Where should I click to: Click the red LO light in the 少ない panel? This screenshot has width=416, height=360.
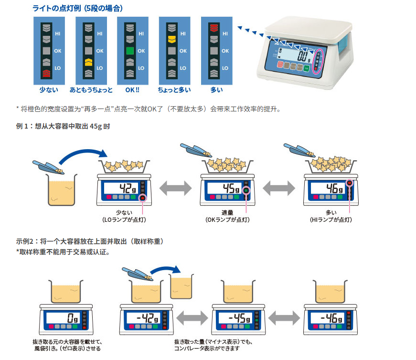point(46,73)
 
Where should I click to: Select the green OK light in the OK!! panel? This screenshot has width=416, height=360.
point(129,50)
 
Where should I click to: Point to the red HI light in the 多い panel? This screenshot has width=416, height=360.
point(213,27)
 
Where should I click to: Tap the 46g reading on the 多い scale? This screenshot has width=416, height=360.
point(333,187)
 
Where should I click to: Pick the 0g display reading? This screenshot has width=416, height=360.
point(71,317)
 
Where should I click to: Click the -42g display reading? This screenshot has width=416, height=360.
point(145,317)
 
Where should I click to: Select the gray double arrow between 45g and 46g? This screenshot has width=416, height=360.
point(278,188)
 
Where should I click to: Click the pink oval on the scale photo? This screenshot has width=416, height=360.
point(318,61)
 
